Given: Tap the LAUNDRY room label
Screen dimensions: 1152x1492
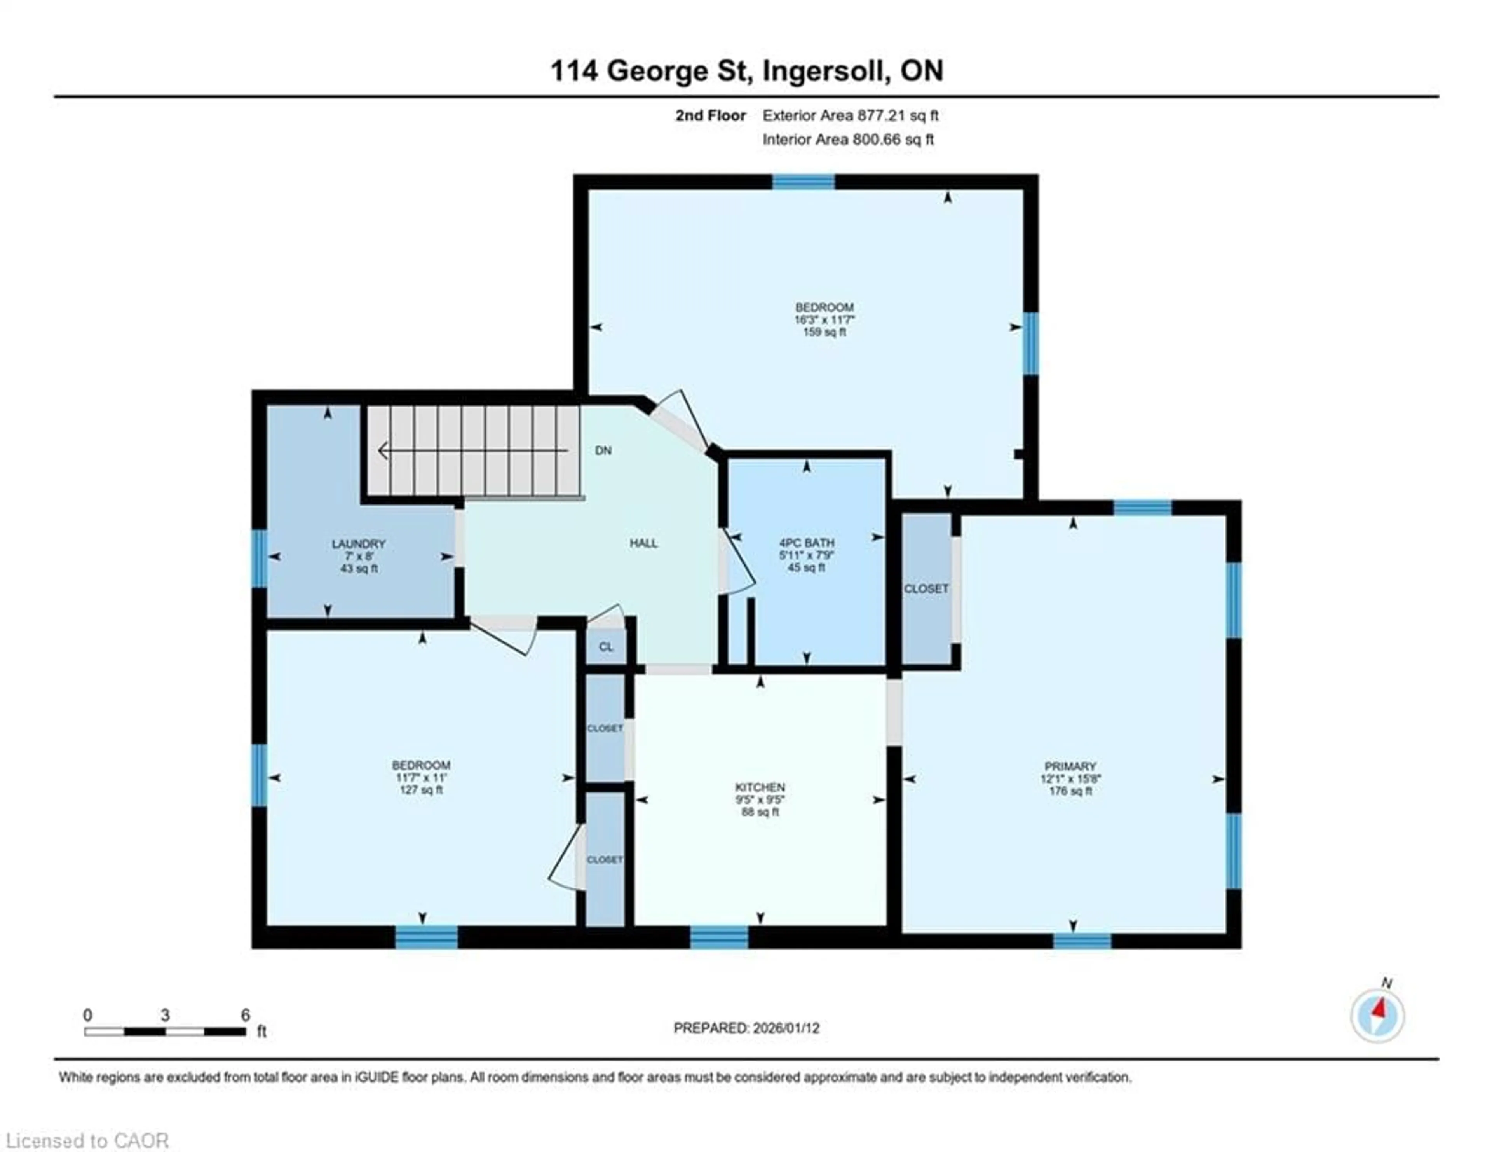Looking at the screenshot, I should click(x=359, y=544).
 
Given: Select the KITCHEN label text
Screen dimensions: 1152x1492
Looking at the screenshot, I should click(x=760, y=787).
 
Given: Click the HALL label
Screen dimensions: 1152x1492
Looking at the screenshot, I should click(x=643, y=543).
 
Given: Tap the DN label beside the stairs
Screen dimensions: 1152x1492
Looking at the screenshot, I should click(x=603, y=450).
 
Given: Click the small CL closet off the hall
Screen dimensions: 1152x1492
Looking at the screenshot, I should click(x=606, y=646).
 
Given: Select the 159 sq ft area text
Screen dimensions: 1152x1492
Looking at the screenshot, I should click(x=824, y=332).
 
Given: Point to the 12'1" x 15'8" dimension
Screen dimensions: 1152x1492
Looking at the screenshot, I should click(x=1070, y=779).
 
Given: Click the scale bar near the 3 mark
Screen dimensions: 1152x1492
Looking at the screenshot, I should click(x=165, y=1031).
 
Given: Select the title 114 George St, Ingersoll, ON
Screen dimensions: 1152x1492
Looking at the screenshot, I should click(x=747, y=71).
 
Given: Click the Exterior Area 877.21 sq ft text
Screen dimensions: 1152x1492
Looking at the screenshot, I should click(x=851, y=115).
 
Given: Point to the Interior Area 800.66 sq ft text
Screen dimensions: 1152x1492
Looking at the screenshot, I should click(x=848, y=140).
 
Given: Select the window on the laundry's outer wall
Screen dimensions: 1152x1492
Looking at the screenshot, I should click(x=259, y=558).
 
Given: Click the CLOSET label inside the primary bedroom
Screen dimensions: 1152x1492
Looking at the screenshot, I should click(x=926, y=588).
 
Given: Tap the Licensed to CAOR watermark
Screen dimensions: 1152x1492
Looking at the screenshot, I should click(x=87, y=1140).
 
